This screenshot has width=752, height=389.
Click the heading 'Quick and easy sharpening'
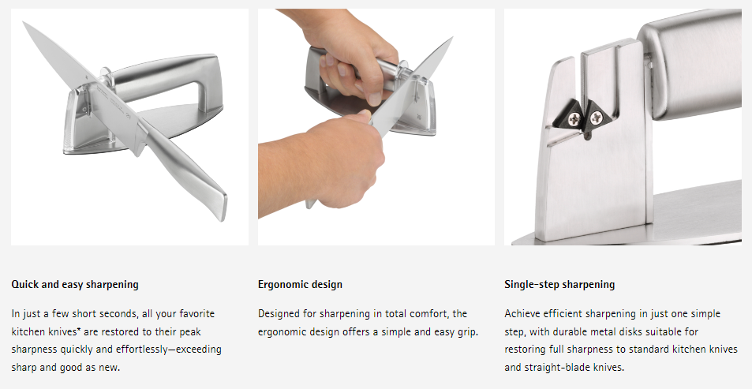(75, 284)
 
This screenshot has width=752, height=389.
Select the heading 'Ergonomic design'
(300, 284)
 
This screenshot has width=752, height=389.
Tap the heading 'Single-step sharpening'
(559, 284)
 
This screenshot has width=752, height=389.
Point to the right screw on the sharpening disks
(596, 117)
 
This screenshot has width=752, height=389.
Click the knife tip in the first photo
(24, 23)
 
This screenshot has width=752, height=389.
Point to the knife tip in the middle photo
(451, 39)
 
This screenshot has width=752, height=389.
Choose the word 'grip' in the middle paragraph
(467, 332)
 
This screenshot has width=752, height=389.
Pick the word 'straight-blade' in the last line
(556, 368)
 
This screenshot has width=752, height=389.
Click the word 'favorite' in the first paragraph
(197, 314)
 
